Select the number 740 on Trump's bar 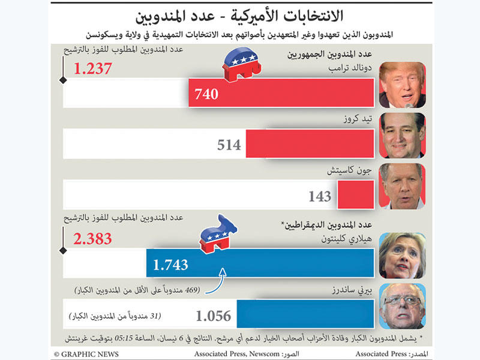(206, 94)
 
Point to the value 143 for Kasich (320, 196)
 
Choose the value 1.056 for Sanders (214, 316)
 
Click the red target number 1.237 (93, 69)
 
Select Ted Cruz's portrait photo (402, 135)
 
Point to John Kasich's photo (402, 186)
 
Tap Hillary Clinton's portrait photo (402, 254)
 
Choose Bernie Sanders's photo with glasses (402, 306)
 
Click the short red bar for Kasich (356, 196)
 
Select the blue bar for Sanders (306, 314)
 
